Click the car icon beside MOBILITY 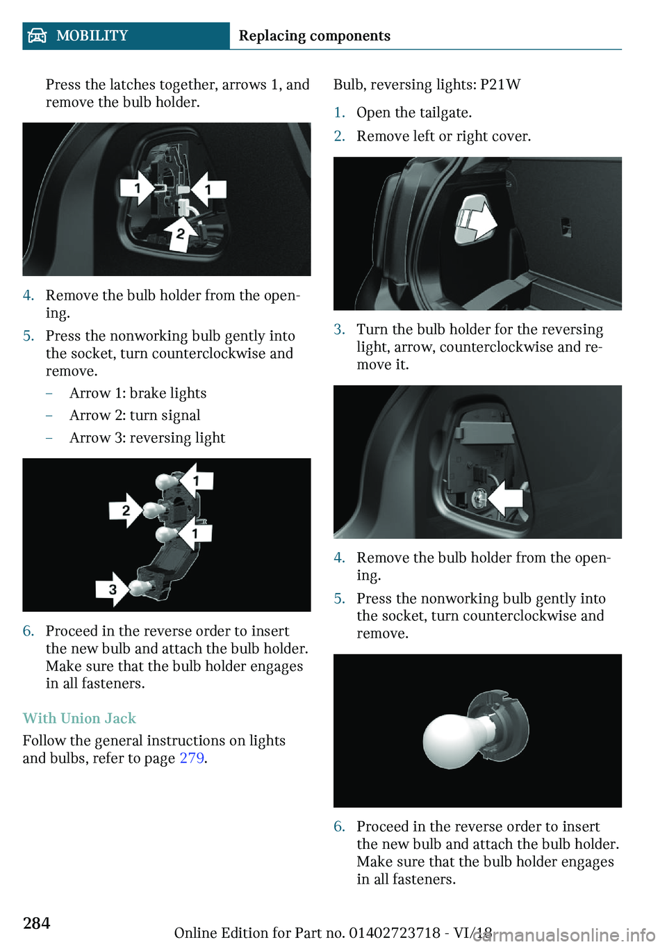pyautogui.click(x=38, y=36)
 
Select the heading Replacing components pyautogui.click(x=314, y=36)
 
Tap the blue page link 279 pyautogui.click(x=192, y=758)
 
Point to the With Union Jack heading pyautogui.click(x=79, y=718)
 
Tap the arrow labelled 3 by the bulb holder pyautogui.click(x=113, y=590)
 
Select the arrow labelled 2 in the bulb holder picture pyautogui.click(x=126, y=510)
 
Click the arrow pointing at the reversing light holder pyautogui.click(x=506, y=499)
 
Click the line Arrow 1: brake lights pyautogui.click(x=138, y=393)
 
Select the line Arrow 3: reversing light pyautogui.click(x=147, y=437)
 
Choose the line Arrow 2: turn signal pyautogui.click(x=135, y=416)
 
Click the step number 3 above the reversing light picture pyautogui.click(x=339, y=330)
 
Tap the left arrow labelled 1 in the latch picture pyautogui.click(x=138, y=188)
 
